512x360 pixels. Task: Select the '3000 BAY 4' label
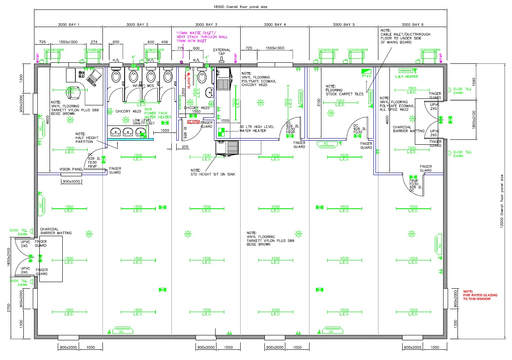click(275, 25)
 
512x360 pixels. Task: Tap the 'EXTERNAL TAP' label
click(222, 52)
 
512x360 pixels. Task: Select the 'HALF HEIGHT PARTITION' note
click(84, 138)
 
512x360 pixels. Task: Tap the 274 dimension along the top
click(94, 42)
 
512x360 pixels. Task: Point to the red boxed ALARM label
click(193, 122)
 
